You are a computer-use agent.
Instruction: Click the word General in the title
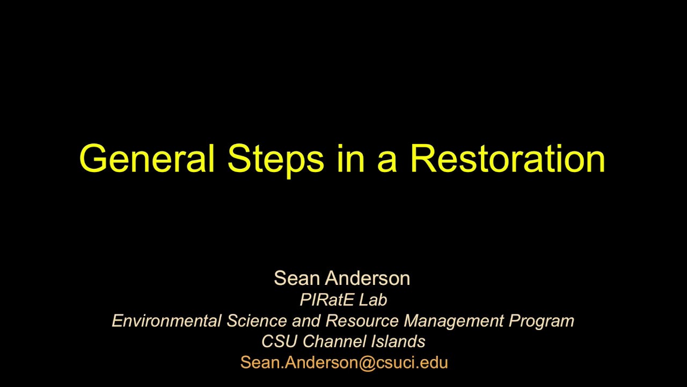pyautogui.click(x=147, y=158)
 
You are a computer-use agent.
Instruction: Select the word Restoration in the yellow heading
pyautogui.click(x=507, y=158)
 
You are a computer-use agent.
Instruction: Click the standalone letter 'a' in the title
pyautogui.click(x=386, y=161)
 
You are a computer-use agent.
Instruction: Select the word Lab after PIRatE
pyautogui.click(x=372, y=299)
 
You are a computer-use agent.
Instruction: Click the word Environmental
pyautogui.click(x=166, y=321)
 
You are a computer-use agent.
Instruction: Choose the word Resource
pyautogui.click(x=362, y=321)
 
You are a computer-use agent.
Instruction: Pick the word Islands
pyautogui.click(x=398, y=341)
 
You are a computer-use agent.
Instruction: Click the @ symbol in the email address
pyautogui.click(x=366, y=362)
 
